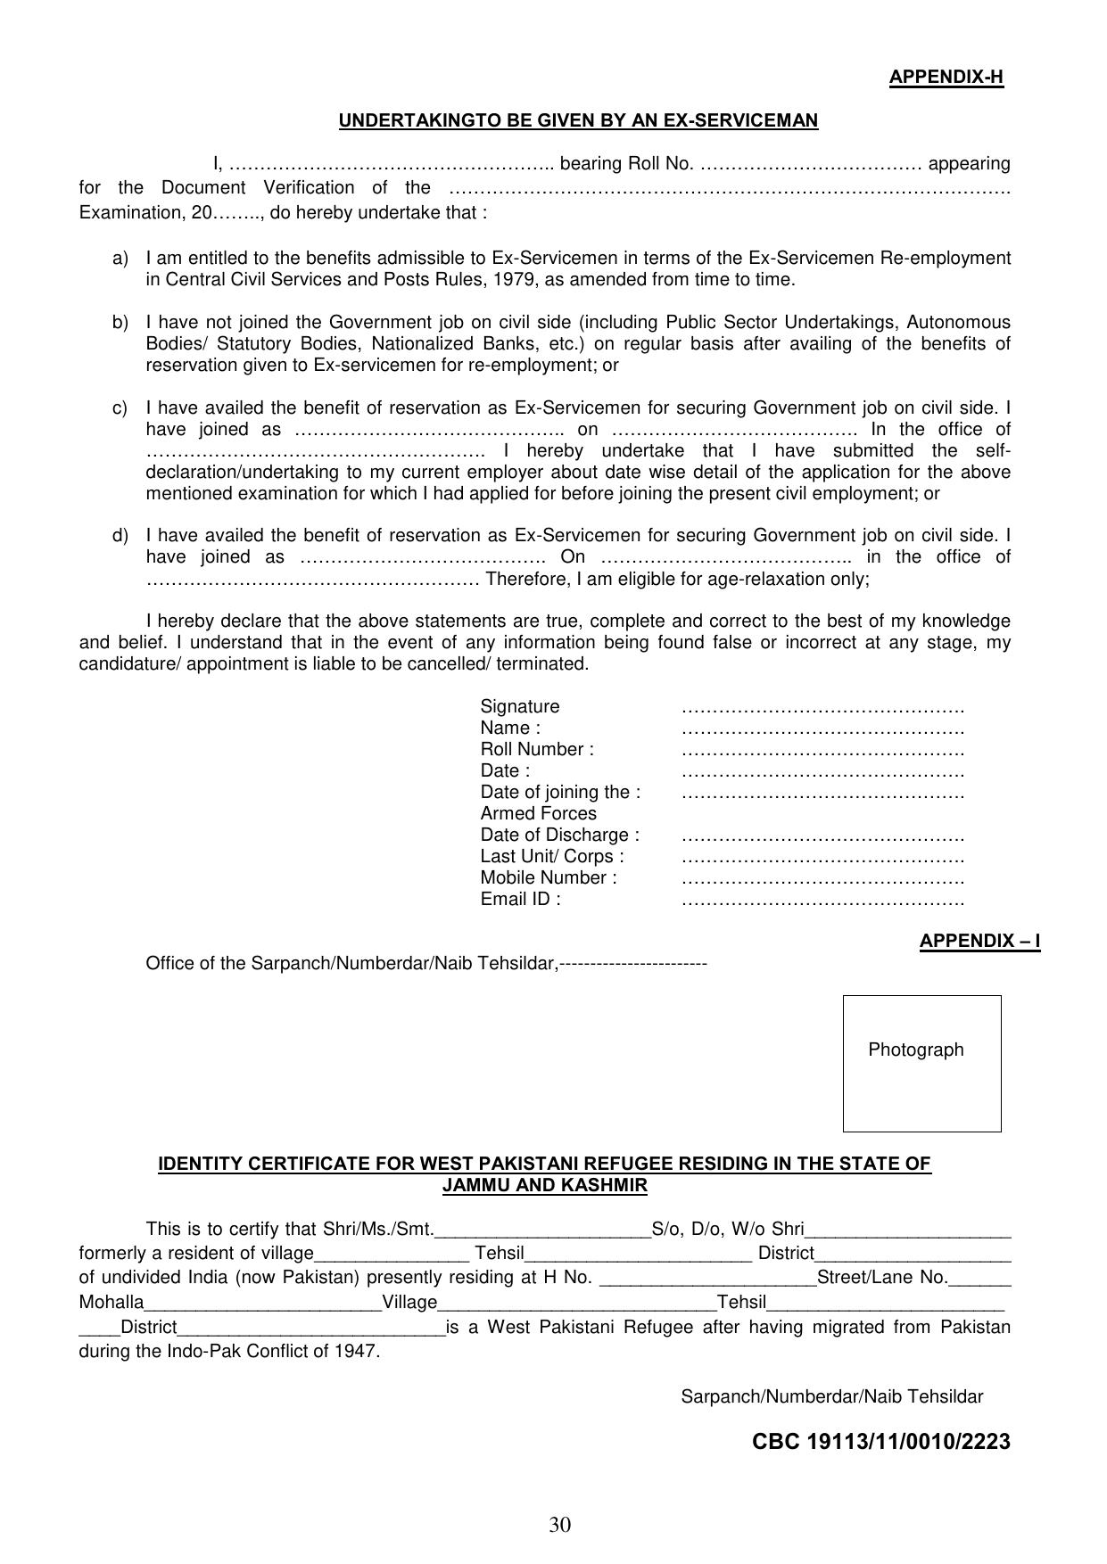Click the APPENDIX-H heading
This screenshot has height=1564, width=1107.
[946, 78]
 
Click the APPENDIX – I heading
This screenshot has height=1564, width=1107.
[979, 942]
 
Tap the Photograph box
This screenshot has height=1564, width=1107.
[921, 1063]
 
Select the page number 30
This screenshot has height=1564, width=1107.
[559, 1525]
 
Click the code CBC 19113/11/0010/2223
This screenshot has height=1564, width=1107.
[880, 1442]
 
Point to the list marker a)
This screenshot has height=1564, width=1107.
[120, 259]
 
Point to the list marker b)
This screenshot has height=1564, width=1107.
[120, 323]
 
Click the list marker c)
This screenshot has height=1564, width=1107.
[120, 408]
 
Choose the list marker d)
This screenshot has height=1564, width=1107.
[120, 536]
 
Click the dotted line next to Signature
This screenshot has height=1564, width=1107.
[822, 708]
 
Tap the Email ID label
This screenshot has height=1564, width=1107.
[520, 899]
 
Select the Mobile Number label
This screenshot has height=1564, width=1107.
[548, 877]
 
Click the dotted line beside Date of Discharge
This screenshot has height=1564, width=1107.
[822, 836]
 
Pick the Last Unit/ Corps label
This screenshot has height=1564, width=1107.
[551, 856]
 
